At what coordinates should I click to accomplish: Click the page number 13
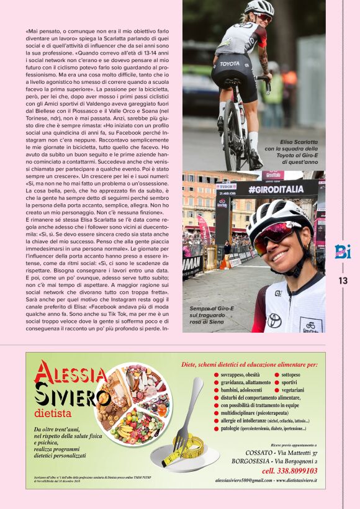[343, 281]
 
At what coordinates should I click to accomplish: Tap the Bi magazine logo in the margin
[343, 251]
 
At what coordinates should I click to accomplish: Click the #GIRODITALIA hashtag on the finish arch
[276, 189]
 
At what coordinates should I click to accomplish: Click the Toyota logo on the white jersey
[274, 320]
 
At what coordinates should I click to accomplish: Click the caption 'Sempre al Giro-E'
[213, 316]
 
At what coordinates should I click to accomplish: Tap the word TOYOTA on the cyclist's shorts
[229, 63]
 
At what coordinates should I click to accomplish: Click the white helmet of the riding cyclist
[259, 7]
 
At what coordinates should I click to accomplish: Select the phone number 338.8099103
[289, 471]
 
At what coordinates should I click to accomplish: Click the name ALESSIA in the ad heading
[71, 374]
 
